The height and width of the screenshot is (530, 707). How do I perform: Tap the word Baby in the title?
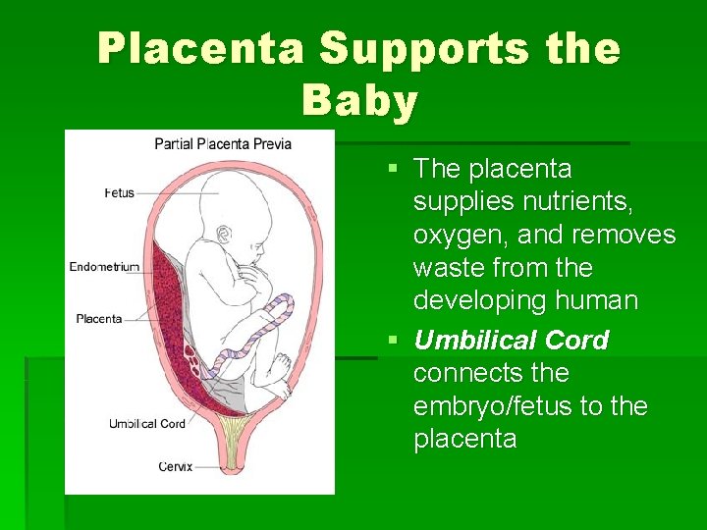coord(360,100)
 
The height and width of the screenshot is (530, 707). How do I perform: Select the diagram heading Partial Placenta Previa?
coord(223,143)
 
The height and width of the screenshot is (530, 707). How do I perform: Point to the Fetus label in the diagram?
coord(119,193)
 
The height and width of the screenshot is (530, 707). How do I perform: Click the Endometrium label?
coord(104,266)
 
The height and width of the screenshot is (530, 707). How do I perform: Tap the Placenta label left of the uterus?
coord(99,318)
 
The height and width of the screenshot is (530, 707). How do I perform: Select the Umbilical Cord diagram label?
coord(146,424)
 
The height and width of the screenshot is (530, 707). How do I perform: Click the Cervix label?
coord(175,466)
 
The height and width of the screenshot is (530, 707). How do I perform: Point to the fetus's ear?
coord(225,234)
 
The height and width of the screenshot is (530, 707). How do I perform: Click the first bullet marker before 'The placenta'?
coord(394,169)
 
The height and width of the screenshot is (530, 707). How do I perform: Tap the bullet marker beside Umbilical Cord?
coord(394,341)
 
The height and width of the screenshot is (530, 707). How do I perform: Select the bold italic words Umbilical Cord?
coord(511,341)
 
